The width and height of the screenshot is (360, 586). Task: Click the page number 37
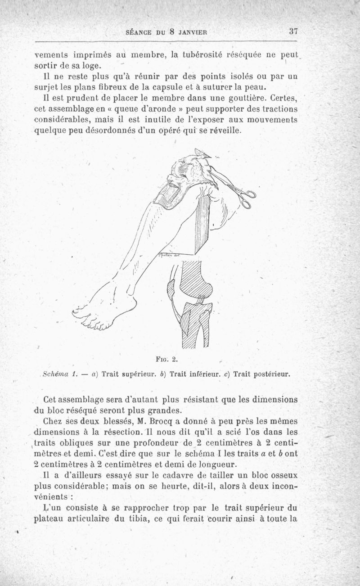(x=294, y=32)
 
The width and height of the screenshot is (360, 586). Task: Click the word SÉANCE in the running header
(x=138, y=32)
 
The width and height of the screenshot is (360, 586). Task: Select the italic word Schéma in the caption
(x=54, y=374)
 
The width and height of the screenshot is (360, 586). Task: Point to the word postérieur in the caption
(x=271, y=374)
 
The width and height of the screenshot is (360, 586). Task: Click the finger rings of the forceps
(x=247, y=198)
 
